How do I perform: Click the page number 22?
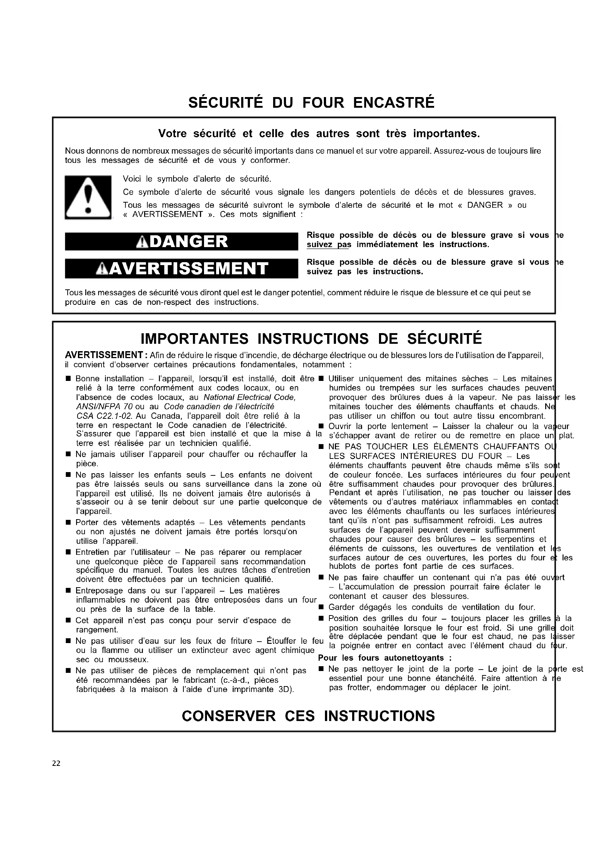tap(56, 764)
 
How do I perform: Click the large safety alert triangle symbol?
tap(88, 197)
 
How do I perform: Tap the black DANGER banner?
tap(182, 242)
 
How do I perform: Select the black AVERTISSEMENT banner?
tap(182, 268)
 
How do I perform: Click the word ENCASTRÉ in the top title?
tap(393, 103)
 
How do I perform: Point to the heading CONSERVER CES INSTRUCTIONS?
tap(308, 716)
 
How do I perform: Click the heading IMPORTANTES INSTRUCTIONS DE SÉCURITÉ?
tap(311, 339)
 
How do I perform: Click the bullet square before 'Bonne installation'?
tap(68, 379)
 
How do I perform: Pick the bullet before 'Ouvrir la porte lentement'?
tap(321, 427)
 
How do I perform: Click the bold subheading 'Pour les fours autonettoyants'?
tap(385, 658)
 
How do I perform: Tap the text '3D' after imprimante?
tap(286, 689)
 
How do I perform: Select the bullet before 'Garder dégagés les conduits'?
tap(321, 607)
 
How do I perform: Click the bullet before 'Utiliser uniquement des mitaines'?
tap(321, 379)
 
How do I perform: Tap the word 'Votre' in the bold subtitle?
tap(172, 133)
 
